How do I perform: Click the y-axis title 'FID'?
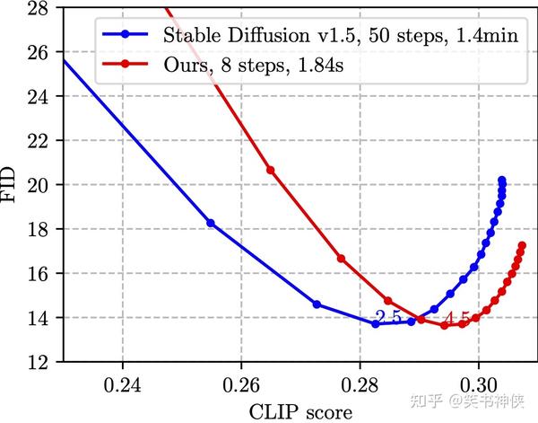pos(11,185)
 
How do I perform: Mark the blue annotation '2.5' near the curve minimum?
pos(388,316)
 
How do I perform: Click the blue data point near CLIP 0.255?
pos(211,223)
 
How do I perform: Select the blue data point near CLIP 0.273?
pos(317,304)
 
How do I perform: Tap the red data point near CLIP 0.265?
pos(271,170)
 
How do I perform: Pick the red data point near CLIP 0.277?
pos(341,259)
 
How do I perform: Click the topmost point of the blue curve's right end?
pos(501,180)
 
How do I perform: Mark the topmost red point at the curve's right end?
pos(522,245)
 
